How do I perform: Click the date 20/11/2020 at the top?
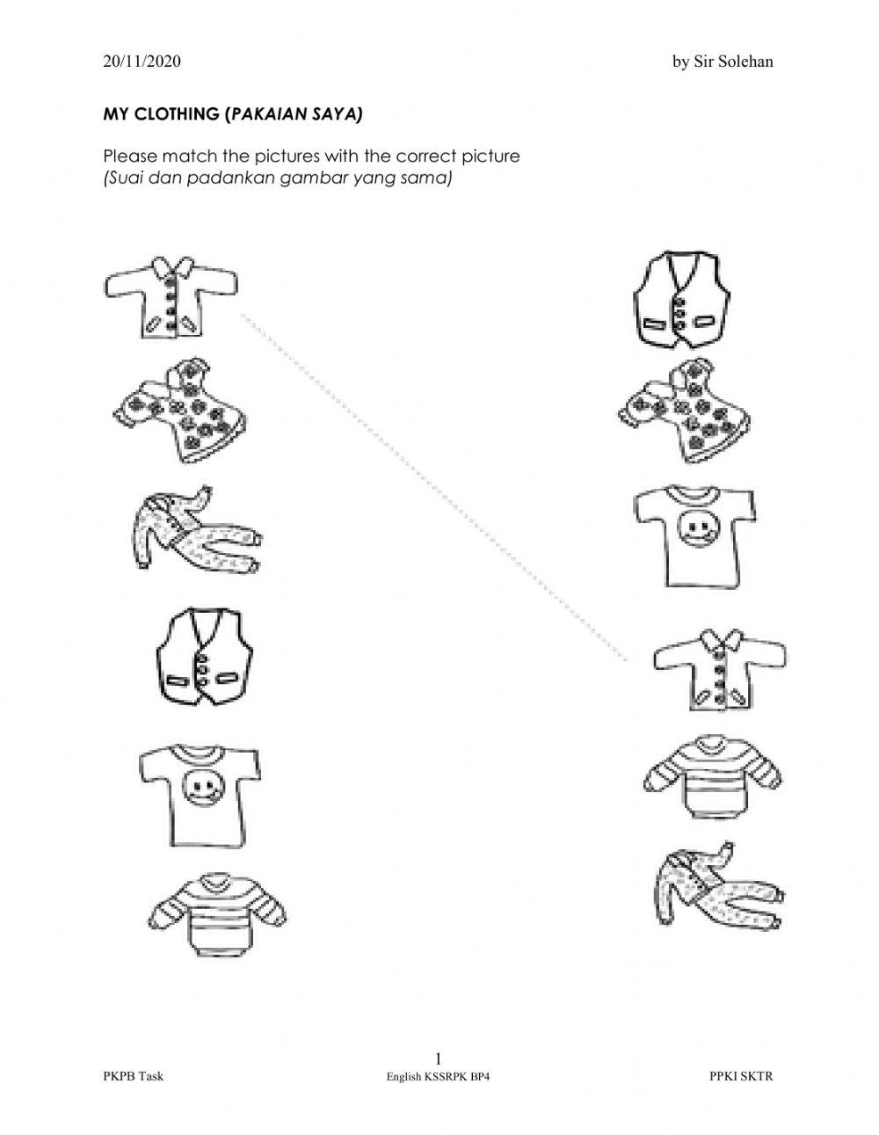click(x=142, y=62)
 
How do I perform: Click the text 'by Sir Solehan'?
click(x=723, y=62)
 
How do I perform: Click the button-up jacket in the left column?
click(x=171, y=298)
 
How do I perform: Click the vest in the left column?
click(x=204, y=656)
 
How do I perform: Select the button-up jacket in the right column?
click(x=719, y=668)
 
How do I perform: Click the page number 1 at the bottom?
click(x=439, y=1058)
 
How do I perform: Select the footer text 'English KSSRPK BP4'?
click(x=438, y=1076)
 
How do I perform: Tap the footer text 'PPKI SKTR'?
click(x=741, y=1076)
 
